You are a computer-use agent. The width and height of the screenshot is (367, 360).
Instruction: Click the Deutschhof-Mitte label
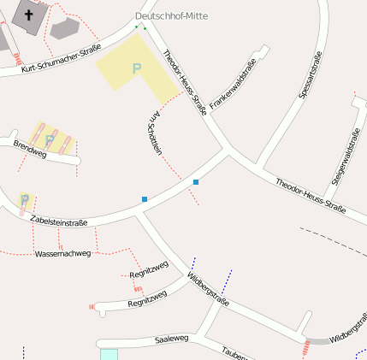coord(171,16)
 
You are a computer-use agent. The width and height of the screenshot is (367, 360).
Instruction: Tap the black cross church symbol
coord(29,15)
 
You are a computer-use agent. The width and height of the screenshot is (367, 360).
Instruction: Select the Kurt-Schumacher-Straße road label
coord(62,58)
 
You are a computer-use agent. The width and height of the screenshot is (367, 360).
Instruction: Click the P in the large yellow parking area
coord(136,68)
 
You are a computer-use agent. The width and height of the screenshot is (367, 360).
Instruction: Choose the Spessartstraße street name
coord(311,75)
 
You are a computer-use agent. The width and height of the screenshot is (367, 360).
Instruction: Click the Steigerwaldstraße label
coord(346,156)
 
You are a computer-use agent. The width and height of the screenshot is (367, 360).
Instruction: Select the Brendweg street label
coord(30,148)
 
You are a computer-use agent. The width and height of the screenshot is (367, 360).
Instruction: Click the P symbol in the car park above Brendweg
coord(50,138)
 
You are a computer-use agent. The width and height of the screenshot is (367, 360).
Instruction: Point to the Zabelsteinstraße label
coord(58,221)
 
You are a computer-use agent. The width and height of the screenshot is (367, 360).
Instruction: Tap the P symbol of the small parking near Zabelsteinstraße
coord(25,201)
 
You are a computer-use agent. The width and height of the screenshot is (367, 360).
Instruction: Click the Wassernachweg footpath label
coord(62,254)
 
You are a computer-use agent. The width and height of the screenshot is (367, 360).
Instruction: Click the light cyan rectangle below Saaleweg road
coord(109,354)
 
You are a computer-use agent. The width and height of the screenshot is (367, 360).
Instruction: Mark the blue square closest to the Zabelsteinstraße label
coord(145,199)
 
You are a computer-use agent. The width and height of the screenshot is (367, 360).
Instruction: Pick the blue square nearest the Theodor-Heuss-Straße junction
coord(196,182)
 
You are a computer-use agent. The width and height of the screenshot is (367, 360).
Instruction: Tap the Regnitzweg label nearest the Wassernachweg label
coord(148,272)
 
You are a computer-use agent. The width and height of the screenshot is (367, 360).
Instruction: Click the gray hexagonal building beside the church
coord(64,28)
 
